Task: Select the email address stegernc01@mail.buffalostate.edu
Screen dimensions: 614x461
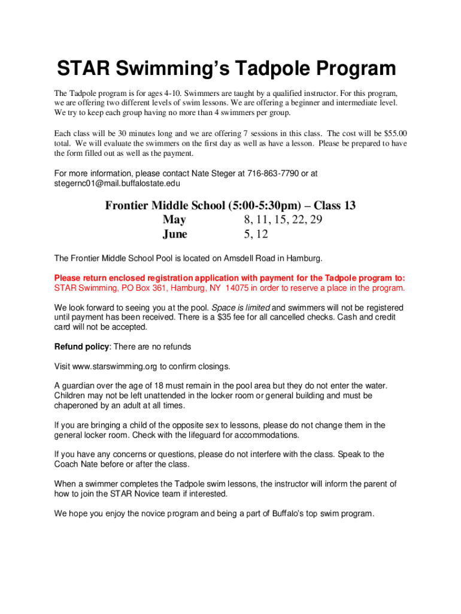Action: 117,183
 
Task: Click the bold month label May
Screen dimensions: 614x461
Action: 174,220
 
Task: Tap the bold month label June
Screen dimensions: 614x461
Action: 175,234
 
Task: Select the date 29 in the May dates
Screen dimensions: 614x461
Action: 316,220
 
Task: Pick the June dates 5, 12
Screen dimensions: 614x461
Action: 256,234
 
